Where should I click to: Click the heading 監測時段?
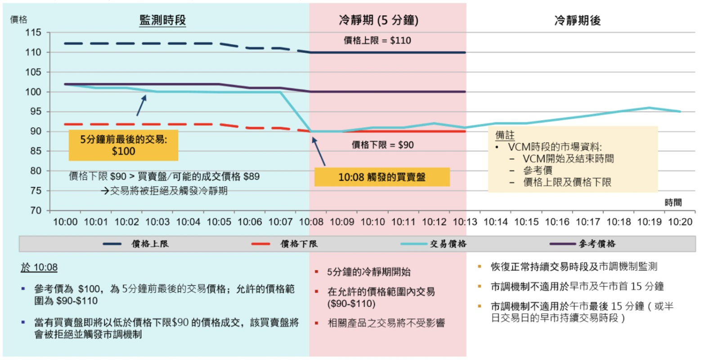pos(162,20)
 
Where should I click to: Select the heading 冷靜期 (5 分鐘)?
pos(378,20)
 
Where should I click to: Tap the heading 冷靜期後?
pos(577,20)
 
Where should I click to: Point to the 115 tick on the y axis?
pos(33,32)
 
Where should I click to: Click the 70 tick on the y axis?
pos(36,210)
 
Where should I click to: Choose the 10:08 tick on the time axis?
pos(311,222)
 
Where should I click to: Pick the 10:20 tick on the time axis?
pos(680,222)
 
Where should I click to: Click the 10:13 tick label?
pos(465,222)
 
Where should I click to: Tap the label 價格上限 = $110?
pos(377,40)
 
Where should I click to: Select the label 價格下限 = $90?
pos(382,145)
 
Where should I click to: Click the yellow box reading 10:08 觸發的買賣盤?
pos(382,177)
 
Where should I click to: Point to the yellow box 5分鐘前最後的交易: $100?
pos(123,145)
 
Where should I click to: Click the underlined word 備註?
pos(505,135)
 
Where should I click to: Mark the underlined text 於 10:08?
pos(39,267)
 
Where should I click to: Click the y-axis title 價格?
pos(18,19)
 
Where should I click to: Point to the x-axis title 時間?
pos(673,202)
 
